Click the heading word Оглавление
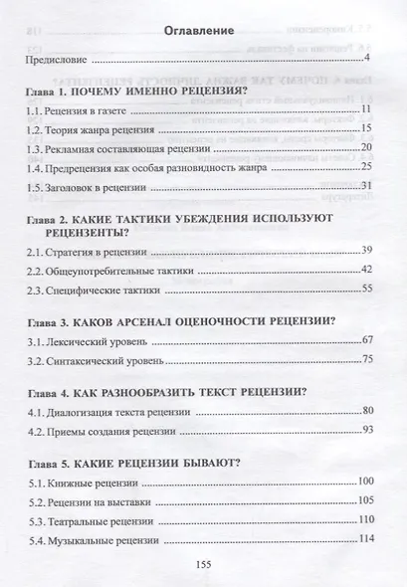[203, 31]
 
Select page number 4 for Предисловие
[369, 62]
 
